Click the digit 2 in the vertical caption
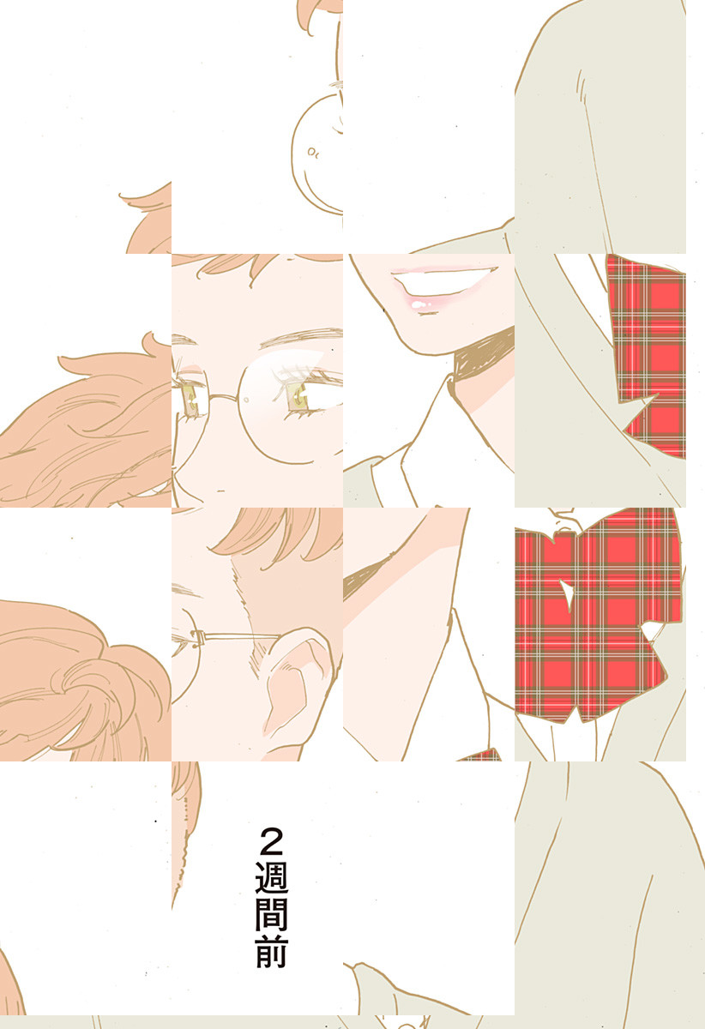point(271,841)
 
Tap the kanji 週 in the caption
point(271,877)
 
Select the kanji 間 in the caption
point(271,914)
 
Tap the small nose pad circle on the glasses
point(247,400)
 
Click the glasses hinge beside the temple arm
point(198,635)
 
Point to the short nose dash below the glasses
point(220,491)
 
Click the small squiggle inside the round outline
point(313,152)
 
